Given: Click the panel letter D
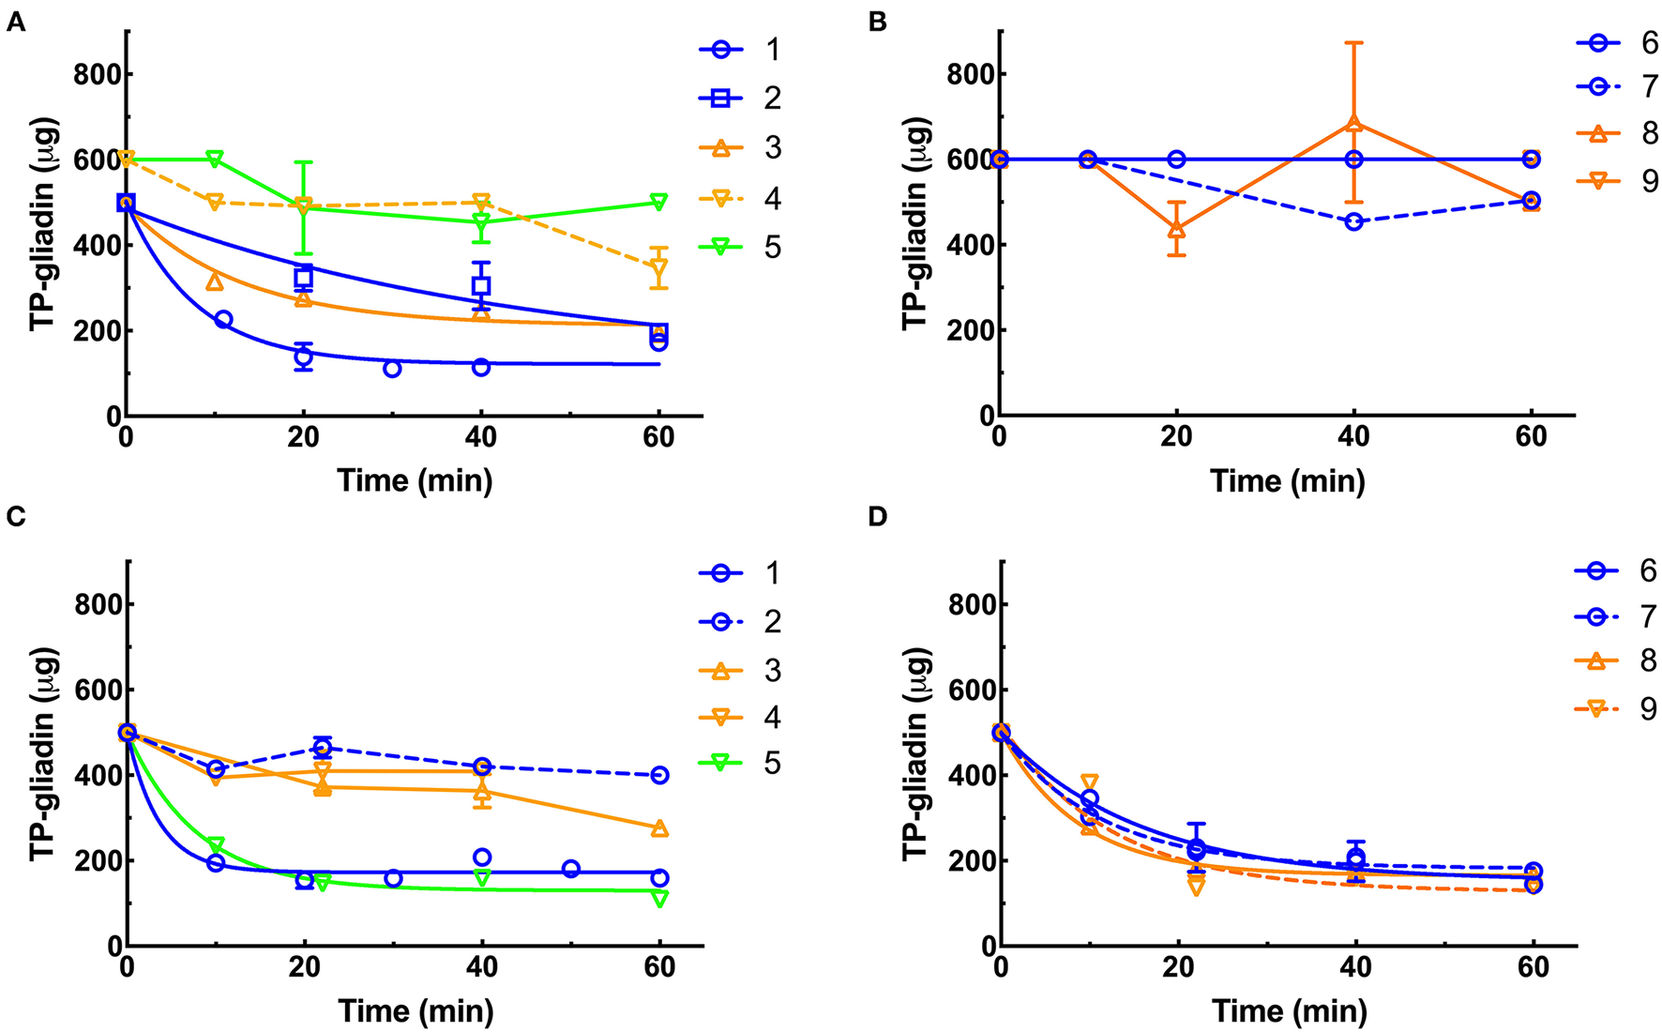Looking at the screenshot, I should pyautogui.click(x=878, y=517).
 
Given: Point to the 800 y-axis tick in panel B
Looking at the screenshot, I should pyautogui.click(x=968, y=74).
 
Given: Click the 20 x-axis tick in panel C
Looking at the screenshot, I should pyautogui.click(x=304, y=968).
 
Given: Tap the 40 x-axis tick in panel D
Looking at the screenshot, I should pyautogui.click(x=1354, y=968).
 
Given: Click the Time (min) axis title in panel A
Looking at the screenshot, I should pyautogui.click(x=415, y=481).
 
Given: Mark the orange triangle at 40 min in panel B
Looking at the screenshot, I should pyautogui.click(x=1354, y=123).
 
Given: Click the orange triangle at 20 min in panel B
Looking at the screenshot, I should pyautogui.click(x=1176, y=228).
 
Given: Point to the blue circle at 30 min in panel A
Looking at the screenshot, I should pyautogui.click(x=392, y=369).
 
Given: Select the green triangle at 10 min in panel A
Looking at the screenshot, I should pyautogui.click(x=215, y=159).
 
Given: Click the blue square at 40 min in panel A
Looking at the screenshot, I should pyautogui.click(x=481, y=285).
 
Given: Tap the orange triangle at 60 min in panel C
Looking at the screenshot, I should pyautogui.click(x=659, y=827).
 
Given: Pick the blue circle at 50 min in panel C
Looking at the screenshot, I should pyautogui.click(x=570, y=869).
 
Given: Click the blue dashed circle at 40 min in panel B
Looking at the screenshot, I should pyautogui.click(x=1354, y=222).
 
